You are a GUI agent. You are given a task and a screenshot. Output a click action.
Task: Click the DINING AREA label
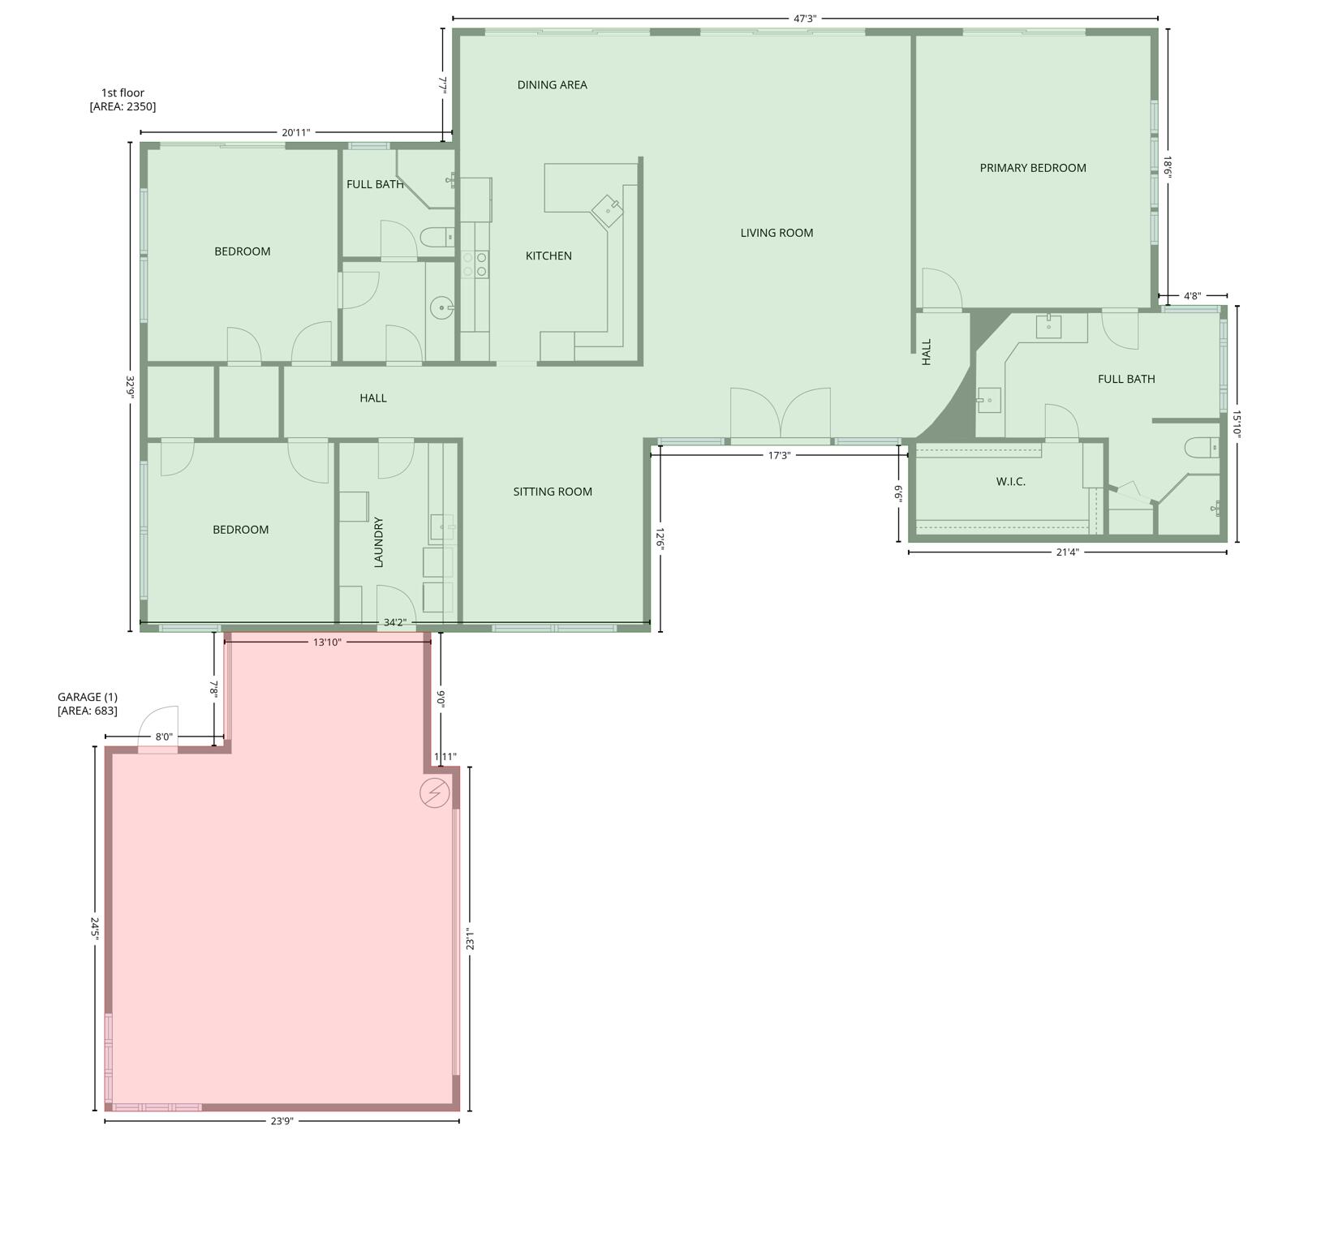[x=552, y=85]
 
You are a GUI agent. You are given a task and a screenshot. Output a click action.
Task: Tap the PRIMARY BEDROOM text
[x=1032, y=168]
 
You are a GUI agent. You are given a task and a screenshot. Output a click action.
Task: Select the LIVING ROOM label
[x=777, y=233]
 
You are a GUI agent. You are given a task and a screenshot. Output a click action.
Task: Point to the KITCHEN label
[x=548, y=256]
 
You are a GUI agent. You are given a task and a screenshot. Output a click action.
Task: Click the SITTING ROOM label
[x=553, y=492]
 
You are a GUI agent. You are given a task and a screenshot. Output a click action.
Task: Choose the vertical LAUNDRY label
[x=378, y=542]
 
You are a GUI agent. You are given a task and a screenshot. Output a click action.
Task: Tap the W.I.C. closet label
[x=1010, y=482]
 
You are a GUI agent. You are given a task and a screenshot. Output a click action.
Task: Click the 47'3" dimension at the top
[x=804, y=19]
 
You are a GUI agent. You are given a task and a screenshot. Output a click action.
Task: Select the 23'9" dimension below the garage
[x=282, y=1121]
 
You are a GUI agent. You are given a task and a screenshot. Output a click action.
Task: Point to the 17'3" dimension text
[x=779, y=456]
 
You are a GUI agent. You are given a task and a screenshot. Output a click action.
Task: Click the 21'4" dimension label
[x=1067, y=552]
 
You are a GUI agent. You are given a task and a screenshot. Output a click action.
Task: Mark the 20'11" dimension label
[x=295, y=132]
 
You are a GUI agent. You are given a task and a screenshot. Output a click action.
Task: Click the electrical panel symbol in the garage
[x=434, y=792]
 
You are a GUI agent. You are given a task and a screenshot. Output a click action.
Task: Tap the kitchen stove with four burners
[x=475, y=264]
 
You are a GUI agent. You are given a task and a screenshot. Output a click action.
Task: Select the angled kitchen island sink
[x=608, y=211]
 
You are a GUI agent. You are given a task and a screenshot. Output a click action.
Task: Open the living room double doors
[x=780, y=415]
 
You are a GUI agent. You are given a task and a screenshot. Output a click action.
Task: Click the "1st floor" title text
[x=123, y=92]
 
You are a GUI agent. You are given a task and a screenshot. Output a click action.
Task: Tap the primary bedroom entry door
[x=942, y=290]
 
